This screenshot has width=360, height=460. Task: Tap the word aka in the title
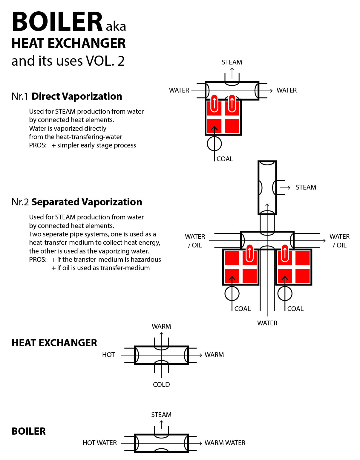(116, 27)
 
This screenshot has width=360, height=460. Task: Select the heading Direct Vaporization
(77, 96)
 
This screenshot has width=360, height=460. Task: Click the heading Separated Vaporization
(87, 202)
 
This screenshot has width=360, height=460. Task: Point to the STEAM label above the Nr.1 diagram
(232, 62)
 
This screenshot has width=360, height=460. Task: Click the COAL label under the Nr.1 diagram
(225, 159)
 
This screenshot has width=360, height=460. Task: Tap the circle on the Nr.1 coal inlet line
(214, 144)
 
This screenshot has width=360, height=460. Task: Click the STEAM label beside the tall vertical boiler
(306, 187)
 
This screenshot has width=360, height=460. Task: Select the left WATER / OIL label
(195, 241)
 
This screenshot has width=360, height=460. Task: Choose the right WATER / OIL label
(339, 241)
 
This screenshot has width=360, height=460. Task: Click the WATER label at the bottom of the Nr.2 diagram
(267, 323)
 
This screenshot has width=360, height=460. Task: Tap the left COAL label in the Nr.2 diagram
(242, 309)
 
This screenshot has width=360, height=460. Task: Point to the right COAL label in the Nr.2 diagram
(295, 309)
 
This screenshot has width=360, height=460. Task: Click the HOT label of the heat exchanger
(108, 355)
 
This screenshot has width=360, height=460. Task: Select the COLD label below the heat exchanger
(161, 384)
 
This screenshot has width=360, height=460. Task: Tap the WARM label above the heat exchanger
(161, 326)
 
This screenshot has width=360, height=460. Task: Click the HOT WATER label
(99, 443)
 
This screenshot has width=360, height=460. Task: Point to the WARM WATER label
(225, 443)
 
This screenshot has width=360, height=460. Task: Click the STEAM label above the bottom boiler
(161, 415)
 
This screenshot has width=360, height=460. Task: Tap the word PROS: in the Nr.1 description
(38, 145)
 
